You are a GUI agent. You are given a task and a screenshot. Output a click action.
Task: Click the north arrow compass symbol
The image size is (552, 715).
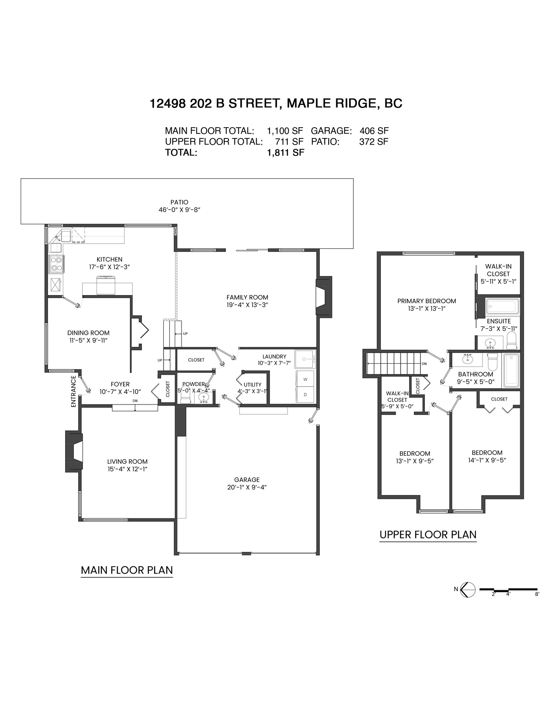click(468, 590)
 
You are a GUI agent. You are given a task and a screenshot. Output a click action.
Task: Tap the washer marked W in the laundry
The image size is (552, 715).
click(305, 380)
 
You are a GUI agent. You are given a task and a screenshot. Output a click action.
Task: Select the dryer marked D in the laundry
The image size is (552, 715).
click(305, 395)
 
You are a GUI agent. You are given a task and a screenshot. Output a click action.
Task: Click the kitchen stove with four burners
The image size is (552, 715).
click(56, 264)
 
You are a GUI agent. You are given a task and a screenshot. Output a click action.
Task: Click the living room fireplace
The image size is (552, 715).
click(74, 452)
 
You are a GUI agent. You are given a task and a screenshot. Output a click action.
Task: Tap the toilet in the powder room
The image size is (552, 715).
click(185, 398)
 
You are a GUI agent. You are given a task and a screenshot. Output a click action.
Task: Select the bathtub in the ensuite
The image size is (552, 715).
click(502, 306)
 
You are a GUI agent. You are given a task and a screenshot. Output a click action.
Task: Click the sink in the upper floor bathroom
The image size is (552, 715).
click(467, 359)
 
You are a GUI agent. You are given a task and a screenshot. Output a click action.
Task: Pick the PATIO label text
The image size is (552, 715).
click(179, 202)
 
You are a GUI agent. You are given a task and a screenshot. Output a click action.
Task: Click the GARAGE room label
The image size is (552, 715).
click(247, 479)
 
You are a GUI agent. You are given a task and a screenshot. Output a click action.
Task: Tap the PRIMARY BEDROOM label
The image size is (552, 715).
click(427, 301)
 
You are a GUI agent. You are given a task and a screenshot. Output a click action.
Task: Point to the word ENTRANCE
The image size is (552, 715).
click(73, 391)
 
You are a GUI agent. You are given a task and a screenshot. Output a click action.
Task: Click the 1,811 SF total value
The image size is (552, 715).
click(286, 153)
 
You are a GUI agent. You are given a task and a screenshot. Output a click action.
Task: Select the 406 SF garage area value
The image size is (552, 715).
click(374, 131)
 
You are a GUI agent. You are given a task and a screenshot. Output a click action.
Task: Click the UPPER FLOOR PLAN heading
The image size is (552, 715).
click(428, 535)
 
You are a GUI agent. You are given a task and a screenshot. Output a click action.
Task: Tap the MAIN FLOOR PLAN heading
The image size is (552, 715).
click(127, 570)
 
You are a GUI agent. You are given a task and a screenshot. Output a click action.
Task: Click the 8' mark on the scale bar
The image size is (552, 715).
click(537, 594)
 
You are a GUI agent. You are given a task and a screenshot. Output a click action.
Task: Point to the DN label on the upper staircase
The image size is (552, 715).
click(424, 364)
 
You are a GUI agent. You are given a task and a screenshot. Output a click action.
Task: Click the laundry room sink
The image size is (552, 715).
click(305, 359)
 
